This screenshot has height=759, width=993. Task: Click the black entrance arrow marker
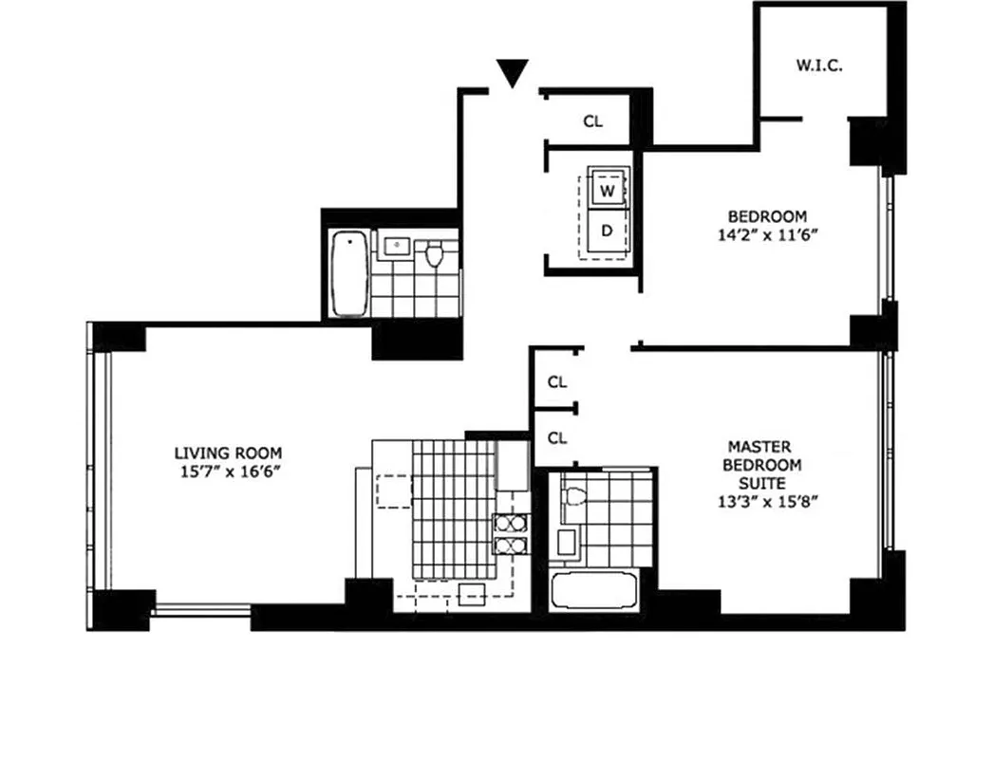513,72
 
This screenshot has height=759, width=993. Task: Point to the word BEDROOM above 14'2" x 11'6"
767,215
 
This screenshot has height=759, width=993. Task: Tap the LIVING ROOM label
228,453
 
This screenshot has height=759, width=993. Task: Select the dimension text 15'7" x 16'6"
228,471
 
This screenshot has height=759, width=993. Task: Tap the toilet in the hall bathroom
436,254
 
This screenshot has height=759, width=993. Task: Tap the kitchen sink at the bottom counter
472,594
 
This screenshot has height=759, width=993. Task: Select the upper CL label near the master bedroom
557,382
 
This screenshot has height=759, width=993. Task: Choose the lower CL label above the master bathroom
557,437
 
